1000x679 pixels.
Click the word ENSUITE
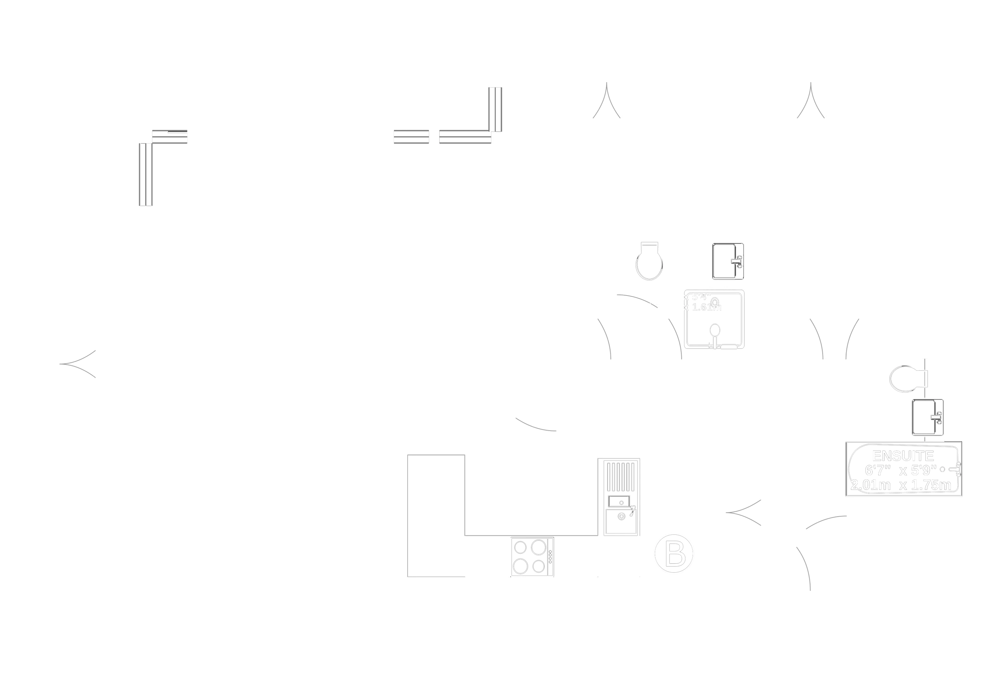903,455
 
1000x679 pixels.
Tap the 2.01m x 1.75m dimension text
901,485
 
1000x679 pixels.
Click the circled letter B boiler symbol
673,553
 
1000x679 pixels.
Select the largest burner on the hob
539,547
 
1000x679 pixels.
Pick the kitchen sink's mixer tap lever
632,511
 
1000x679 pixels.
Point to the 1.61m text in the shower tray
706,307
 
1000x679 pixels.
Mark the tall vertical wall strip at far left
146,174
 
